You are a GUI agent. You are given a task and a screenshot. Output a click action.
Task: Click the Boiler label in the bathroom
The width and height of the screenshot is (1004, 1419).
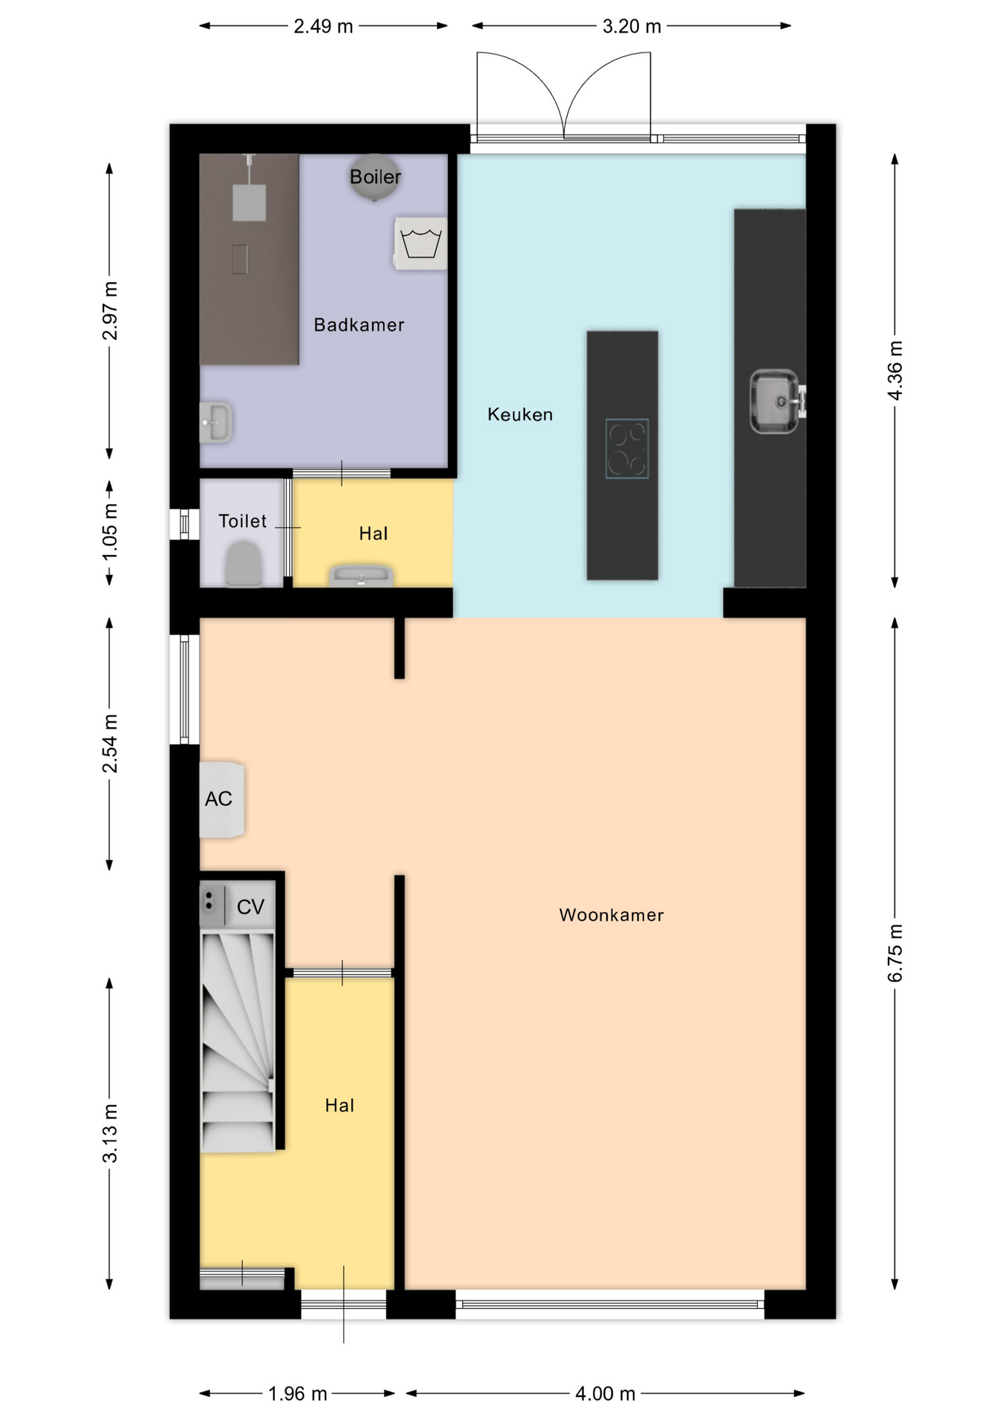tap(376, 177)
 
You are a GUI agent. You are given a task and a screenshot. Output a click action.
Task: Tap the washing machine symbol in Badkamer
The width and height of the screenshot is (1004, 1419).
tap(421, 243)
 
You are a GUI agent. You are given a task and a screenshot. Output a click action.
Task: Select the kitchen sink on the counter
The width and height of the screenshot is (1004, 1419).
tap(775, 401)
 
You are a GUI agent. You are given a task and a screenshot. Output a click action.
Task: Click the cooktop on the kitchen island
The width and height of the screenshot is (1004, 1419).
tap(627, 449)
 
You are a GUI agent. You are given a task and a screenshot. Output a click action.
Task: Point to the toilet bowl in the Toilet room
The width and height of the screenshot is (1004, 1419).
tap(243, 564)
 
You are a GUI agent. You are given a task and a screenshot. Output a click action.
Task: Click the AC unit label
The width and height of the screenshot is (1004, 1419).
tap(219, 799)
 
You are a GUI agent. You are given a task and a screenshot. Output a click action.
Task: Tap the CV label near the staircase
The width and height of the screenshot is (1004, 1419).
tap(251, 907)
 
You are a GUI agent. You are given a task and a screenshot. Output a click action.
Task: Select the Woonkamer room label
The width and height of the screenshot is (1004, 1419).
tap(611, 915)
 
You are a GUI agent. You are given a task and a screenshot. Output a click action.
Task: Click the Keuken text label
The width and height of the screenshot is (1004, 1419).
tap(520, 415)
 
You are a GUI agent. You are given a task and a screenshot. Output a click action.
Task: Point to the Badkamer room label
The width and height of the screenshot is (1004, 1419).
tap(359, 325)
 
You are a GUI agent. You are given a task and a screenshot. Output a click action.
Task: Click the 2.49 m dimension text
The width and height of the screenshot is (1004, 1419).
tap(323, 27)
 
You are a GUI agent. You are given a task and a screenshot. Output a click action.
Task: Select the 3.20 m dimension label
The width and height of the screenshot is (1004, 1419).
tap(631, 27)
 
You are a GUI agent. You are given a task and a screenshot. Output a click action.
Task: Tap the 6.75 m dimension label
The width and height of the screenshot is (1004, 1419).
tap(895, 953)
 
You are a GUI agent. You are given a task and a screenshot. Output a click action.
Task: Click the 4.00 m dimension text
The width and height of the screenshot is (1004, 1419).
tap(606, 1394)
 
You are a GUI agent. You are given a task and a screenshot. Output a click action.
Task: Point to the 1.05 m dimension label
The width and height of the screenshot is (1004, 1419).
tap(110, 531)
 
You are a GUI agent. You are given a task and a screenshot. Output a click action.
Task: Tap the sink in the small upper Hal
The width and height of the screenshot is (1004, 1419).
tap(361, 576)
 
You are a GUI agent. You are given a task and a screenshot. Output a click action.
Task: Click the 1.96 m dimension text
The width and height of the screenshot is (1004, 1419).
tap(297, 1394)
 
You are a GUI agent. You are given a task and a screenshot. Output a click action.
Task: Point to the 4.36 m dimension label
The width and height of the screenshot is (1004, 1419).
tap(895, 370)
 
